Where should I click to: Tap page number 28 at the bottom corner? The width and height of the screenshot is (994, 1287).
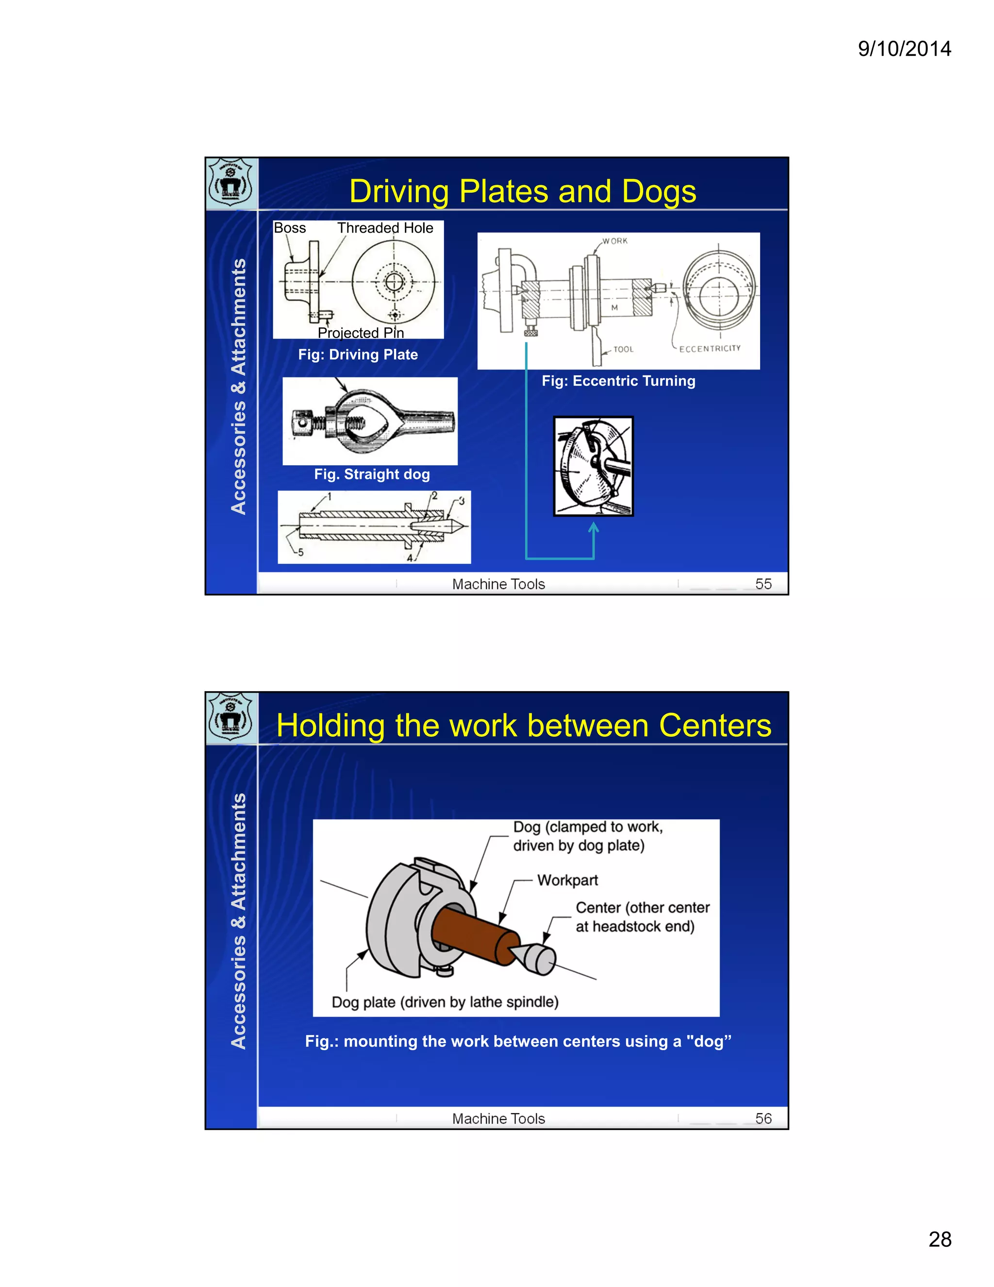click(x=940, y=1239)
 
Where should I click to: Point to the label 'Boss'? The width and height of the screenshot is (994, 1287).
click(x=290, y=228)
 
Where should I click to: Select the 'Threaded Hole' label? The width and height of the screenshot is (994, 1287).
click(x=385, y=228)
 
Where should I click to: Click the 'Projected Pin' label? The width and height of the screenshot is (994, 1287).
click(x=361, y=333)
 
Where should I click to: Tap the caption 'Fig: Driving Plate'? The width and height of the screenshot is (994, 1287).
click(x=358, y=355)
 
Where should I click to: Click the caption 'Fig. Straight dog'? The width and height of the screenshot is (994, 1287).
click(x=372, y=474)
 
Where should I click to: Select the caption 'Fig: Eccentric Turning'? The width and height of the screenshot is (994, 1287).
click(x=618, y=381)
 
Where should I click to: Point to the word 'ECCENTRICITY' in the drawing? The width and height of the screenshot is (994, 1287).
click(x=710, y=349)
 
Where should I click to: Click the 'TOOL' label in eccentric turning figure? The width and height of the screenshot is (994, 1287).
click(x=623, y=350)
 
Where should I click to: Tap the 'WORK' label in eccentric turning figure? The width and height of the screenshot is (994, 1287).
click(x=615, y=241)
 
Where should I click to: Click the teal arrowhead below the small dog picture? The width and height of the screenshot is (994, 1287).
click(x=594, y=527)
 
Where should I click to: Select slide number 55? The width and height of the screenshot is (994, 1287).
click(x=763, y=584)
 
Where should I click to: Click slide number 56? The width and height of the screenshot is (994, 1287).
click(x=763, y=1118)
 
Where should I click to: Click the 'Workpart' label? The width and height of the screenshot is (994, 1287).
click(x=567, y=881)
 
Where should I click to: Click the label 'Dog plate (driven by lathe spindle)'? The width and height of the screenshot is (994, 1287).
click(x=445, y=1002)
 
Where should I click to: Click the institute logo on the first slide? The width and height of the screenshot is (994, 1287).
click(x=231, y=183)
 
